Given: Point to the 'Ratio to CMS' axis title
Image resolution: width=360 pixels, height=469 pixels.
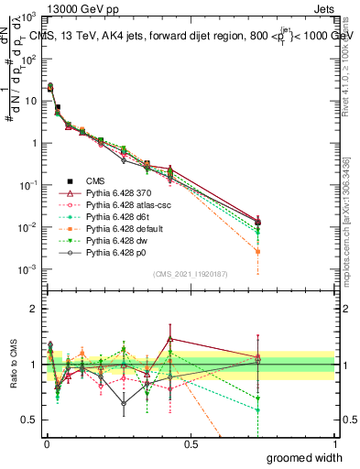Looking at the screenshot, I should click(12, 364).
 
